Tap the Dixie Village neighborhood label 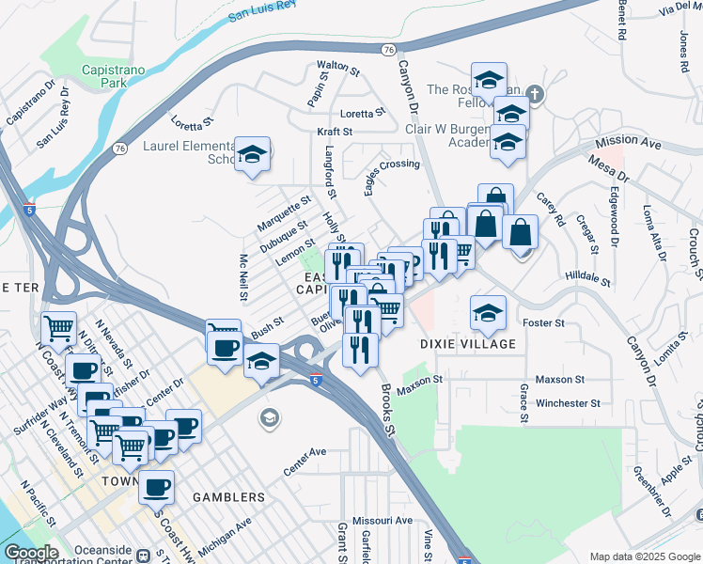click(x=469, y=344)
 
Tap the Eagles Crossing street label click(x=392, y=176)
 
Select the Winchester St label click(x=568, y=403)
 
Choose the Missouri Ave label click(x=383, y=520)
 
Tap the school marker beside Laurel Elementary click(x=252, y=153)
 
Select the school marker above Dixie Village click(x=488, y=313)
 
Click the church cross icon click(x=535, y=93)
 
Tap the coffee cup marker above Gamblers click(x=156, y=487)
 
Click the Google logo click(x=31, y=553)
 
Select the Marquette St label click(x=284, y=214)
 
